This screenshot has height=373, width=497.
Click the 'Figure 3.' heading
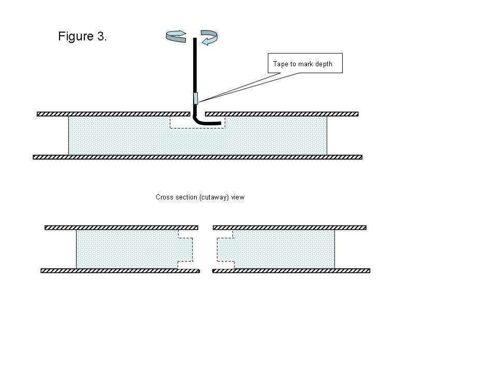(82, 37)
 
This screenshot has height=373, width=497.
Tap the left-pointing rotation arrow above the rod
(176, 35)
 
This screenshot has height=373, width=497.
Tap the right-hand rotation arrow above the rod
(209, 36)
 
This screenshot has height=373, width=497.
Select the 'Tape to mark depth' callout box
(305, 63)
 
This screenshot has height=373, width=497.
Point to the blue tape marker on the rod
(196, 98)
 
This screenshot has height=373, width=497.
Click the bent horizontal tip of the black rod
(212, 123)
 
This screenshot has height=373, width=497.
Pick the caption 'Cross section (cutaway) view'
(200, 197)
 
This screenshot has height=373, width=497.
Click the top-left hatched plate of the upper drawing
(106, 114)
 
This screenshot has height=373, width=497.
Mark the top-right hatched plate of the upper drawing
(282, 114)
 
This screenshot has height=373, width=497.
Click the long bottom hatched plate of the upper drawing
(197, 157)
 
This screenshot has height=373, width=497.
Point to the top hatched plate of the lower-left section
(121, 227)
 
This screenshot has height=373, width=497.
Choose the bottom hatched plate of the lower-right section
(291, 270)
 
